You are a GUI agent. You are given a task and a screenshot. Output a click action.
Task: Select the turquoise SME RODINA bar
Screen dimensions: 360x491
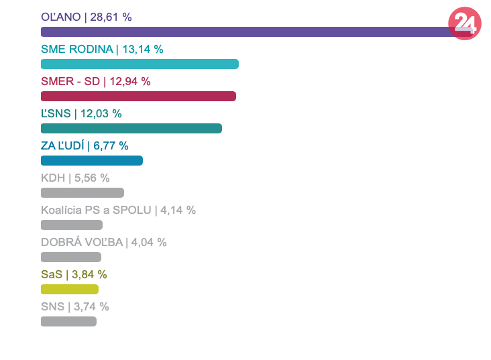[x=140, y=64]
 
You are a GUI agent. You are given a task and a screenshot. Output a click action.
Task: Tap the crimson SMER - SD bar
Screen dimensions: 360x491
[x=138, y=96]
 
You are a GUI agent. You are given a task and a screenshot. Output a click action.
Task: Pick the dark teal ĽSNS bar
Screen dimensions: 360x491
[x=131, y=128]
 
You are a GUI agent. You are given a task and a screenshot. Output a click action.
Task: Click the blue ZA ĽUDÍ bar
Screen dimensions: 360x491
[x=92, y=160]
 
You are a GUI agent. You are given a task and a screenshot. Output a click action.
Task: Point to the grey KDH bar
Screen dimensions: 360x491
[x=83, y=192]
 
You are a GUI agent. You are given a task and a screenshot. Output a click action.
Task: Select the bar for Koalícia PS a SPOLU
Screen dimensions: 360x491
[x=72, y=225]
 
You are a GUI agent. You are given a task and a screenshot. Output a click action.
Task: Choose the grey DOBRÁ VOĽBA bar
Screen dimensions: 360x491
[x=71, y=257]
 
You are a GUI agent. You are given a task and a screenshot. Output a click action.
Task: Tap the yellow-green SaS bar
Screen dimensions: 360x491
[x=70, y=289]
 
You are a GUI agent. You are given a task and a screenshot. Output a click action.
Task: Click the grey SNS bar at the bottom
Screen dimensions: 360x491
[x=68, y=321]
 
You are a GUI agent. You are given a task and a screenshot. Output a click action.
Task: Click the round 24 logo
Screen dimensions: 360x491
[x=465, y=23]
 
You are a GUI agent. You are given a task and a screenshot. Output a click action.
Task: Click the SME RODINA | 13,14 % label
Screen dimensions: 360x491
[x=102, y=49]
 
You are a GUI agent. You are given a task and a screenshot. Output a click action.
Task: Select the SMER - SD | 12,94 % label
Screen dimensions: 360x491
[x=96, y=81]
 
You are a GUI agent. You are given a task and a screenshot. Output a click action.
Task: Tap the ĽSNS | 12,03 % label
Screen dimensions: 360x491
[x=81, y=113]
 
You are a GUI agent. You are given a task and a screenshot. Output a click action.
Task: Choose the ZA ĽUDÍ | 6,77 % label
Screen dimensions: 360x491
[x=85, y=145]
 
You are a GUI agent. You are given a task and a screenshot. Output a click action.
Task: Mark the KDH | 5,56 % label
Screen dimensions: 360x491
[x=75, y=178]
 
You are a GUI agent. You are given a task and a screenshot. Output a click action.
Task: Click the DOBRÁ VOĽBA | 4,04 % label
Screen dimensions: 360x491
[x=103, y=242]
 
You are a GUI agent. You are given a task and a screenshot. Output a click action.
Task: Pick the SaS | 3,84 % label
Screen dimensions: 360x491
[x=74, y=274]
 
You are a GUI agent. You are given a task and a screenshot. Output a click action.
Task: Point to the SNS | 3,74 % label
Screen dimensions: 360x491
[x=74, y=306]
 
